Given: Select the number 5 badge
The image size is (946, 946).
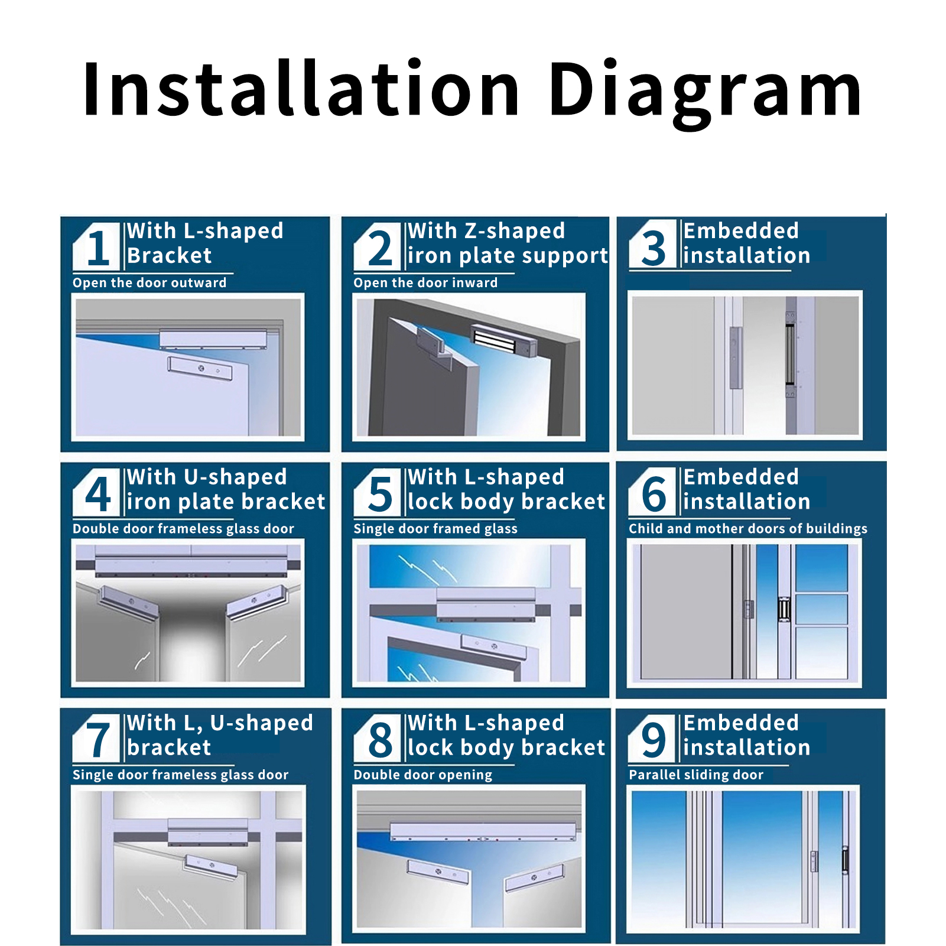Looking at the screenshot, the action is (x=378, y=493).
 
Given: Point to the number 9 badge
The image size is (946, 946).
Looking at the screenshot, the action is (x=652, y=739).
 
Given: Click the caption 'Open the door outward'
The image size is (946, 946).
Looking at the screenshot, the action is (x=149, y=283).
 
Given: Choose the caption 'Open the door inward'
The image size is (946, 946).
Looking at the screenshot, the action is (x=425, y=283).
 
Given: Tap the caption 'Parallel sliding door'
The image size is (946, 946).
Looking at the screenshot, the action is (x=696, y=775).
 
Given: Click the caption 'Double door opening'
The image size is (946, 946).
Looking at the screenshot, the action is (x=422, y=775).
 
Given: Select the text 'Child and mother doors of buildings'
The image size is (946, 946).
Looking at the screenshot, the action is (x=748, y=529).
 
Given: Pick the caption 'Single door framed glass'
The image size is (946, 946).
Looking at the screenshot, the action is (x=435, y=529).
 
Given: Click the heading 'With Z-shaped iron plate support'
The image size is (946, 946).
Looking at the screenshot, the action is (x=508, y=243).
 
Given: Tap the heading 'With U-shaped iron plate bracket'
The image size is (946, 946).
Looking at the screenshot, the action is (x=226, y=489).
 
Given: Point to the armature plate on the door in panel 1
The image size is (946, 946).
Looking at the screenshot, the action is (x=200, y=368).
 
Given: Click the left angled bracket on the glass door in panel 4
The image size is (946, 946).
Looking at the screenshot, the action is (x=129, y=603).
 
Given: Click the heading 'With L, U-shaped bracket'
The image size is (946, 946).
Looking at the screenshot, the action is (x=220, y=735).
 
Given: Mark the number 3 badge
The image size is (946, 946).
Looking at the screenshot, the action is (x=652, y=246).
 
